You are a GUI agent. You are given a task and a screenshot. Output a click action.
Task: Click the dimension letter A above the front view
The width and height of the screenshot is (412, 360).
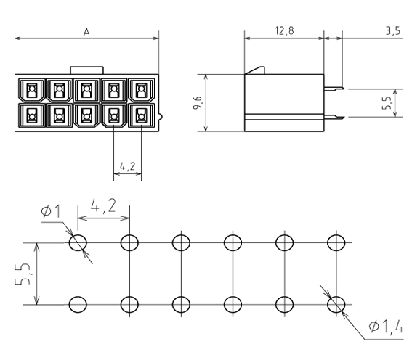(x=86, y=32)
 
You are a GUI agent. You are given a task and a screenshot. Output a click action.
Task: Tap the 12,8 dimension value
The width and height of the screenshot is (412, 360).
(x=285, y=30)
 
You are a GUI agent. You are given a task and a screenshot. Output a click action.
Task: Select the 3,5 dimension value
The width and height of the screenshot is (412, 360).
(x=393, y=30)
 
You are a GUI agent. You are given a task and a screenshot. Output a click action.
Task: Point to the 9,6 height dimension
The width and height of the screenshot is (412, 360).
(x=198, y=103)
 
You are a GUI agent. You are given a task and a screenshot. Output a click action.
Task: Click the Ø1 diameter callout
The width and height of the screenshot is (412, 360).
(x=51, y=211)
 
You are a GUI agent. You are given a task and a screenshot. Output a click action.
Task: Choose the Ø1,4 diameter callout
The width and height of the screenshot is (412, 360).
(x=386, y=327)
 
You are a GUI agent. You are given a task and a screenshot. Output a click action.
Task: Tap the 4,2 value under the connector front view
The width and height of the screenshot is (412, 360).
(x=127, y=166)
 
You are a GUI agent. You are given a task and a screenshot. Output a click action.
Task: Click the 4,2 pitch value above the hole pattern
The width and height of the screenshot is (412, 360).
(x=103, y=206)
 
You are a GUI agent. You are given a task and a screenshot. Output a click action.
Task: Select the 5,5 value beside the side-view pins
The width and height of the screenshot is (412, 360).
(x=387, y=103)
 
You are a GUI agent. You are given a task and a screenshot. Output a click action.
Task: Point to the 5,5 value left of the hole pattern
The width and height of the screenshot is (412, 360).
(x=23, y=274)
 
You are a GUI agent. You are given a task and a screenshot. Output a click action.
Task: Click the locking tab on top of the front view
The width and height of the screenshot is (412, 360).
(x=86, y=70)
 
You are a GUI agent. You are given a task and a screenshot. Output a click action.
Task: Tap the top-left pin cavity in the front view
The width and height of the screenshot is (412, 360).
(x=32, y=90)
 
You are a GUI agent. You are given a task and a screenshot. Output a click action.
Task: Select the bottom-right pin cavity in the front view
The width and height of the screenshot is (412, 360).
(x=142, y=115)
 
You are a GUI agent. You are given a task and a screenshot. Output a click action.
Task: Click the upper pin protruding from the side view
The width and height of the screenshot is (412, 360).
(x=334, y=89)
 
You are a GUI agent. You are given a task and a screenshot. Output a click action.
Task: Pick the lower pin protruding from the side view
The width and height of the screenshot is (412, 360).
(x=334, y=117)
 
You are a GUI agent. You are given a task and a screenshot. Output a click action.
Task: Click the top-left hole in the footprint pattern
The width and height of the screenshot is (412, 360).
(x=78, y=242)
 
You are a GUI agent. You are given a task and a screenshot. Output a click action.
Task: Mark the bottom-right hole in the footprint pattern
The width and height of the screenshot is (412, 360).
(x=336, y=305)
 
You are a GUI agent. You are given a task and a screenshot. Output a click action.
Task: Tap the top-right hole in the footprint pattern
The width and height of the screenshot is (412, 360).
(x=336, y=242)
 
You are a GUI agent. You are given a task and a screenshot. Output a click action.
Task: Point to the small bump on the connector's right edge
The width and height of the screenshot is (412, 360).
(x=161, y=116)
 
